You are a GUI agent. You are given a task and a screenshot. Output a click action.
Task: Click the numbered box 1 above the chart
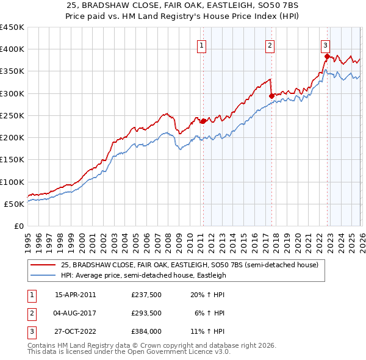point(202,45)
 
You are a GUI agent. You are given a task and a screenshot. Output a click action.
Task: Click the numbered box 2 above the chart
point(270,45)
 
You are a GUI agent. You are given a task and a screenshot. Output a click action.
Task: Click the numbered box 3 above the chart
point(326,45)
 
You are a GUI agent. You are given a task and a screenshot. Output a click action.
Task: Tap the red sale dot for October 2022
point(327,57)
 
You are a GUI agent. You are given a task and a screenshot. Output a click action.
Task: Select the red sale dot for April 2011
point(203,121)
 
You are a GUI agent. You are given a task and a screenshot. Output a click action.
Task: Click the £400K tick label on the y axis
point(12,49)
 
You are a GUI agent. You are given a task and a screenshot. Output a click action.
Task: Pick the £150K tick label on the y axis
point(12,160)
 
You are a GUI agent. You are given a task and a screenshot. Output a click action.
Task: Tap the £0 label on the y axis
point(18,226)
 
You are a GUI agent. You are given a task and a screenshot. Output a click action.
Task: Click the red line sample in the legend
point(43,265)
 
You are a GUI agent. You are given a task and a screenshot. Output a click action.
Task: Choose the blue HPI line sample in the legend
point(43,275)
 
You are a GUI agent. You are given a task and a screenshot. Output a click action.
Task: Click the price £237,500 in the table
point(146,295)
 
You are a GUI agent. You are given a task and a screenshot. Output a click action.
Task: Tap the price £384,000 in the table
point(146,331)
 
